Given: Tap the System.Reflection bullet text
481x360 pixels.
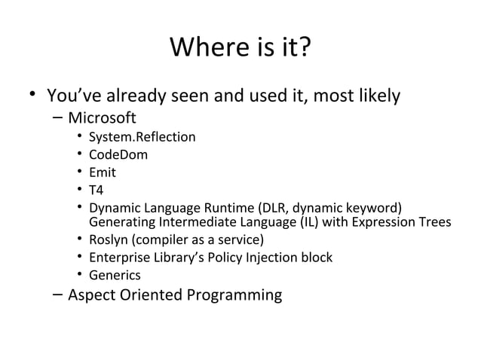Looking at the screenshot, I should [142, 137].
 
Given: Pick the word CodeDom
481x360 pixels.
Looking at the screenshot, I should [118, 155].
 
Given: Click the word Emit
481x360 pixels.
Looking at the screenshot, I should [103, 172].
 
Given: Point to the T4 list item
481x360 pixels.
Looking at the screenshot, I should [96, 191].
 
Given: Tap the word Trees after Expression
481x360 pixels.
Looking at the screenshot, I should [434, 222].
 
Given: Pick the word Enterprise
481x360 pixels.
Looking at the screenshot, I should [119, 258].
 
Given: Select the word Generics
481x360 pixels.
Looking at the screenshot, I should [115, 276].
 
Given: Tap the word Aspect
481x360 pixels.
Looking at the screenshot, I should [90, 294].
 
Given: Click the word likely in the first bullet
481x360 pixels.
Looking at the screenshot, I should [378, 96].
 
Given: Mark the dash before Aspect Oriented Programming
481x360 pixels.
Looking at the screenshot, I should [57, 294].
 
